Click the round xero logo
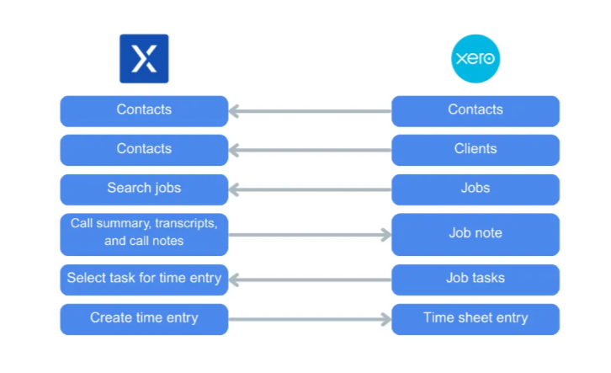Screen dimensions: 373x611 476,58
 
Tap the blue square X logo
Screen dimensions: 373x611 144,58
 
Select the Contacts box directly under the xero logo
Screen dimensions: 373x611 476,110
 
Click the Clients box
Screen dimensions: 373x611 476,150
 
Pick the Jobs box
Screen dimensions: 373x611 476,189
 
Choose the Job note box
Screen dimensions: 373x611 476,234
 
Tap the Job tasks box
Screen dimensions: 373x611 476,279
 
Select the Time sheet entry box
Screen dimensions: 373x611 476,318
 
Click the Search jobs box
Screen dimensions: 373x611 144,189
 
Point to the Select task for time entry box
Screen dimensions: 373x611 144,279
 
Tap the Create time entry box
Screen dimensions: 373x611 144,318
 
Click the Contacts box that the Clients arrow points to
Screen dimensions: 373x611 144,150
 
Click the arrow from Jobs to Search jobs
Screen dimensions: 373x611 310,189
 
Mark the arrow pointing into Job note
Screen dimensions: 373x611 310,235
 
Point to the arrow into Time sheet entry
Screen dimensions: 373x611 310,319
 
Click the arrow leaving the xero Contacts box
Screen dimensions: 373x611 310,111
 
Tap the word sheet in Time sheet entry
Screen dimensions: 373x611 476,318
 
